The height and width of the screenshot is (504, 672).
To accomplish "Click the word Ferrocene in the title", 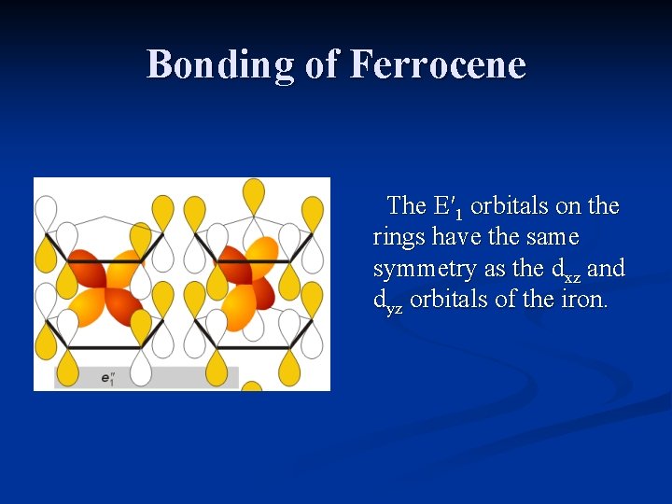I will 439,64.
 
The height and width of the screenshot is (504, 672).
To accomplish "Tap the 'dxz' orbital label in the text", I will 567,271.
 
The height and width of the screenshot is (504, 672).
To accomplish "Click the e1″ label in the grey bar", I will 107,378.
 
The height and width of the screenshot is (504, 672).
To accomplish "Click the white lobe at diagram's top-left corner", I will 45,211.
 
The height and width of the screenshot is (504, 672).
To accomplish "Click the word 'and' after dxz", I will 607,269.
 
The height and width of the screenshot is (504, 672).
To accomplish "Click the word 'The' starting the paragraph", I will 407,205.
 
